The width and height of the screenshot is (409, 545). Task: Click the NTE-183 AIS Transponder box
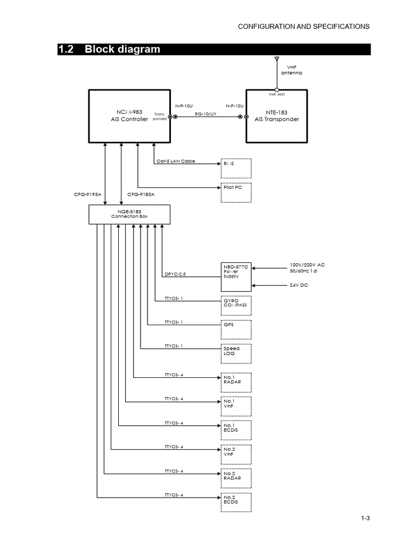click(x=276, y=116)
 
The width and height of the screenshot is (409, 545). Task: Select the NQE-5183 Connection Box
click(x=129, y=214)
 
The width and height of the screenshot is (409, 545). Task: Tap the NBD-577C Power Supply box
click(x=235, y=276)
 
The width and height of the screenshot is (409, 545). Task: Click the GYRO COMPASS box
click(x=235, y=305)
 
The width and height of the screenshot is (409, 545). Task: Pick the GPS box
click(x=235, y=329)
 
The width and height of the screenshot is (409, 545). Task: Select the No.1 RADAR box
click(x=235, y=382)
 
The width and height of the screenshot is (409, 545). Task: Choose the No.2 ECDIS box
click(x=235, y=502)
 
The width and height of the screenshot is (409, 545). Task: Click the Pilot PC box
click(x=235, y=193)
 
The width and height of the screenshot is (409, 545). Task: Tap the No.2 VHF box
click(x=235, y=455)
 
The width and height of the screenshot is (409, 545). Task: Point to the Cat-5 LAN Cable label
click(x=176, y=161)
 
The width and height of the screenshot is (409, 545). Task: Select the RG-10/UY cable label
click(x=206, y=114)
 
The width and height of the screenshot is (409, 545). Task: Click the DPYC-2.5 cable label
click(x=175, y=274)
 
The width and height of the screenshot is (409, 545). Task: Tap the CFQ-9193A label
click(x=88, y=194)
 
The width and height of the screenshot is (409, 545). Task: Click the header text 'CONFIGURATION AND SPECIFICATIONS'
click(x=303, y=26)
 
